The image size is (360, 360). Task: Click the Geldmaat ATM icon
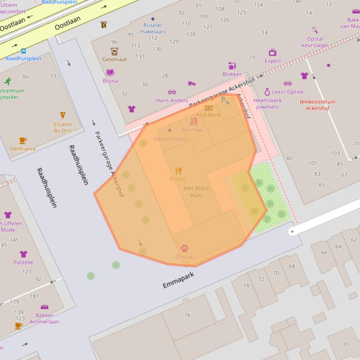click(x=114, y=51)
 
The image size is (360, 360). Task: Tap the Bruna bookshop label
click(x=110, y=81)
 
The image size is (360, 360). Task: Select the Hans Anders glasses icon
click(x=172, y=92)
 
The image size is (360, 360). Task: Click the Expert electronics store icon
click(x=272, y=52)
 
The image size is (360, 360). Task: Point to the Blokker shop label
click(x=232, y=74)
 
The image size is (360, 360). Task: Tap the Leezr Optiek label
click(x=287, y=92)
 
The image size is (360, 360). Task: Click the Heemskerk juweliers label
click(x=267, y=103)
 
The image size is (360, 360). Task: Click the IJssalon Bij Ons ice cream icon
click(x=63, y=115)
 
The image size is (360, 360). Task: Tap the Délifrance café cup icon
click(x=23, y=140)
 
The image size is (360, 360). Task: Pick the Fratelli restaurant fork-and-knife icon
click(x=178, y=171)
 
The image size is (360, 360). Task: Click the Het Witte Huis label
click(x=196, y=191)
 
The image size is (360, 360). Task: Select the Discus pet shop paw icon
click(x=184, y=248)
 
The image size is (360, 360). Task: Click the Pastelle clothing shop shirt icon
click(x=23, y=254)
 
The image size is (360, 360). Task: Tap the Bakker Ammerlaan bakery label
click(x=44, y=318)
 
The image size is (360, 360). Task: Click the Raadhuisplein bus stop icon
click(x=23, y=51)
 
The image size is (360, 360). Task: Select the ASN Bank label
click(x=208, y=115)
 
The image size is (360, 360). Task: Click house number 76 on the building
click(x=187, y=315)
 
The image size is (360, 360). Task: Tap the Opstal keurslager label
click(x=315, y=42)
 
